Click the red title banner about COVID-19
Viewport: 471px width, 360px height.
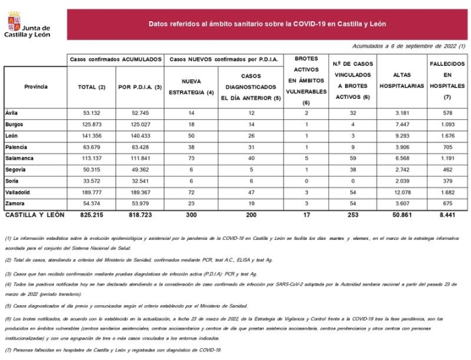[x=267, y=24]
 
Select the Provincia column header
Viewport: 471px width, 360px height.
[x=36, y=86]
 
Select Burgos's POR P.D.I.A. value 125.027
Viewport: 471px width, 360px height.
[x=140, y=124]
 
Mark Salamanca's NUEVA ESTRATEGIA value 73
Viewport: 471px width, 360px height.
[x=191, y=158]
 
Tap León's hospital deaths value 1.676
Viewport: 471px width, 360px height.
[x=447, y=135]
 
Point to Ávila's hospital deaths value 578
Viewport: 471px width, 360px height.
[x=447, y=112]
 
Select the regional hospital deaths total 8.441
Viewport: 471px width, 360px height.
[x=447, y=216]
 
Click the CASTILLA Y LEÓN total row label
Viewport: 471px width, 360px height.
[x=34, y=216]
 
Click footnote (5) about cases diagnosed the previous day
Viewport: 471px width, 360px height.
[x=125, y=306]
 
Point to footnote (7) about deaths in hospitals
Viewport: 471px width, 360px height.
[x=112, y=350]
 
